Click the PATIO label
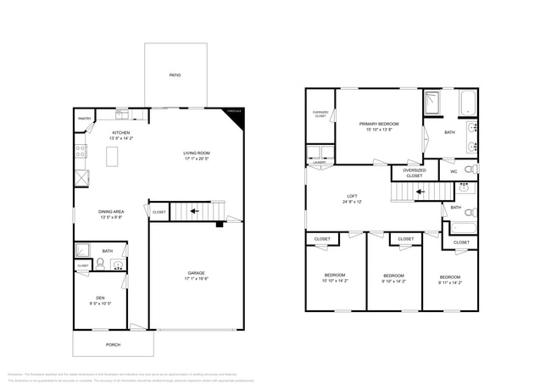[x=175, y=75]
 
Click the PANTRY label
[x=85, y=119]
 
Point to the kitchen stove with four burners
[x=81, y=152]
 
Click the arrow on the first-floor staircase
[x=193, y=210]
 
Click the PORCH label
[x=113, y=345]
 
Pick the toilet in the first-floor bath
[x=100, y=265]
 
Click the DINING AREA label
[x=113, y=212]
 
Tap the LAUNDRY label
[x=320, y=162]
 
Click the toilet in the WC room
[x=473, y=170]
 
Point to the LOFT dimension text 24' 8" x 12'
[x=352, y=202]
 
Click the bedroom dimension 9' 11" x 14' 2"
[x=449, y=282]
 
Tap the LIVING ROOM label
[x=197, y=153]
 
